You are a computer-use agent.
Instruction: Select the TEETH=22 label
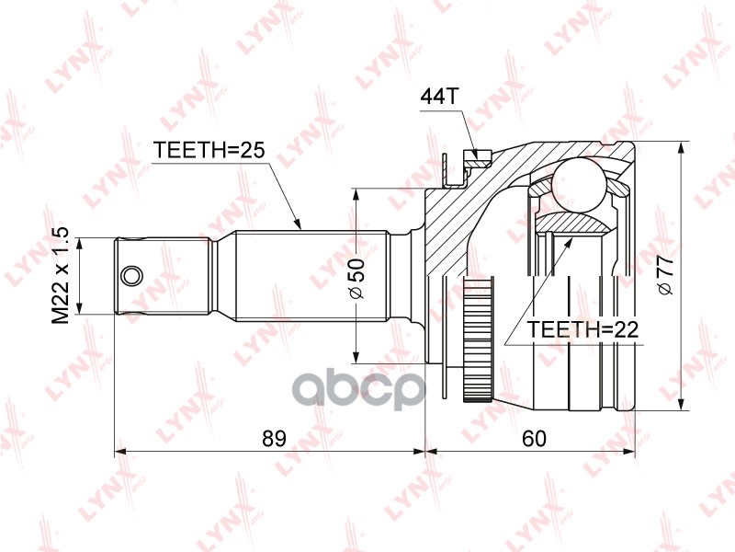[583, 329]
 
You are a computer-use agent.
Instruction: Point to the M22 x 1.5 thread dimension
[62, 275]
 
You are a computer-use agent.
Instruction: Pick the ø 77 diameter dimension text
[667, 276]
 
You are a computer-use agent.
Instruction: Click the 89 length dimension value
[272, 439]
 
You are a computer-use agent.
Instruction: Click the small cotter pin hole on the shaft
[131, 274]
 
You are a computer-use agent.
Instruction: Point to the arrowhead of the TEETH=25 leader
[297, 224]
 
